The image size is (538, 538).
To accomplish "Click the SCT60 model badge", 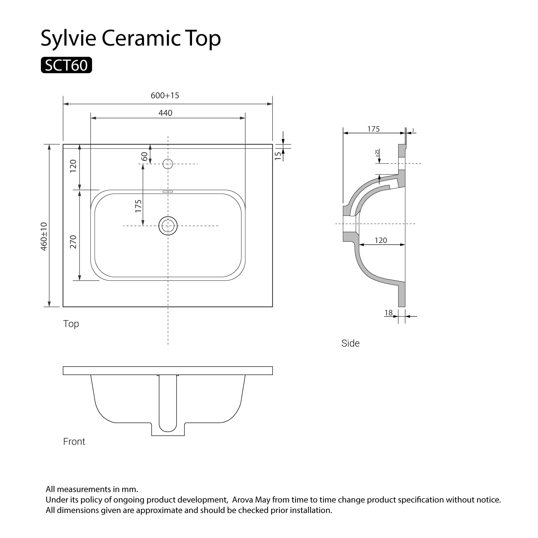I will pyautogui.click(x=66, y=65).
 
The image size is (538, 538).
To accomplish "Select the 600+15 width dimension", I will pyautogui.click(x=165, y=96).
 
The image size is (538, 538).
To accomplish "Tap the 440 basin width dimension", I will pyautogui.click(x=165, y=113).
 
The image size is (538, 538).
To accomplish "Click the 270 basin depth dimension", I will pyautogui.click(x=73, y=241).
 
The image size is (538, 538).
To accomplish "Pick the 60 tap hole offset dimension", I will pyautogui.click(x=145, y=157).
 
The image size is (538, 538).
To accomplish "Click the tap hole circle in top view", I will pyautogui.click(x=168, y=164).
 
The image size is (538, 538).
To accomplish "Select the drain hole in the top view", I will pyautogui.click(x=168, y=226).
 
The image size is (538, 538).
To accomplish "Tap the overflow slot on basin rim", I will pyautogui.click(x=168, y=192).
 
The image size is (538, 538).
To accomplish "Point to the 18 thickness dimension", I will pyautogui.click(x=389, y=312).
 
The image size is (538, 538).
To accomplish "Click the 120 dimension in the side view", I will pyautogui.click(x=381, y=240).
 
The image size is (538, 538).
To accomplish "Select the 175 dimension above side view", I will pyautogui.click(x=373, y=129).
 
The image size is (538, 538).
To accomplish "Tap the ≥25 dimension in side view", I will pyautogui.click(x=377, y=153).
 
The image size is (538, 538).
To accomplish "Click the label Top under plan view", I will pyautogui.click(x=71, y=324).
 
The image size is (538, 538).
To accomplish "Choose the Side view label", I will pyautogui.click(x=350, y=343).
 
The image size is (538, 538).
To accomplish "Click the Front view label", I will pyautogui.click(x=74, y=442).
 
